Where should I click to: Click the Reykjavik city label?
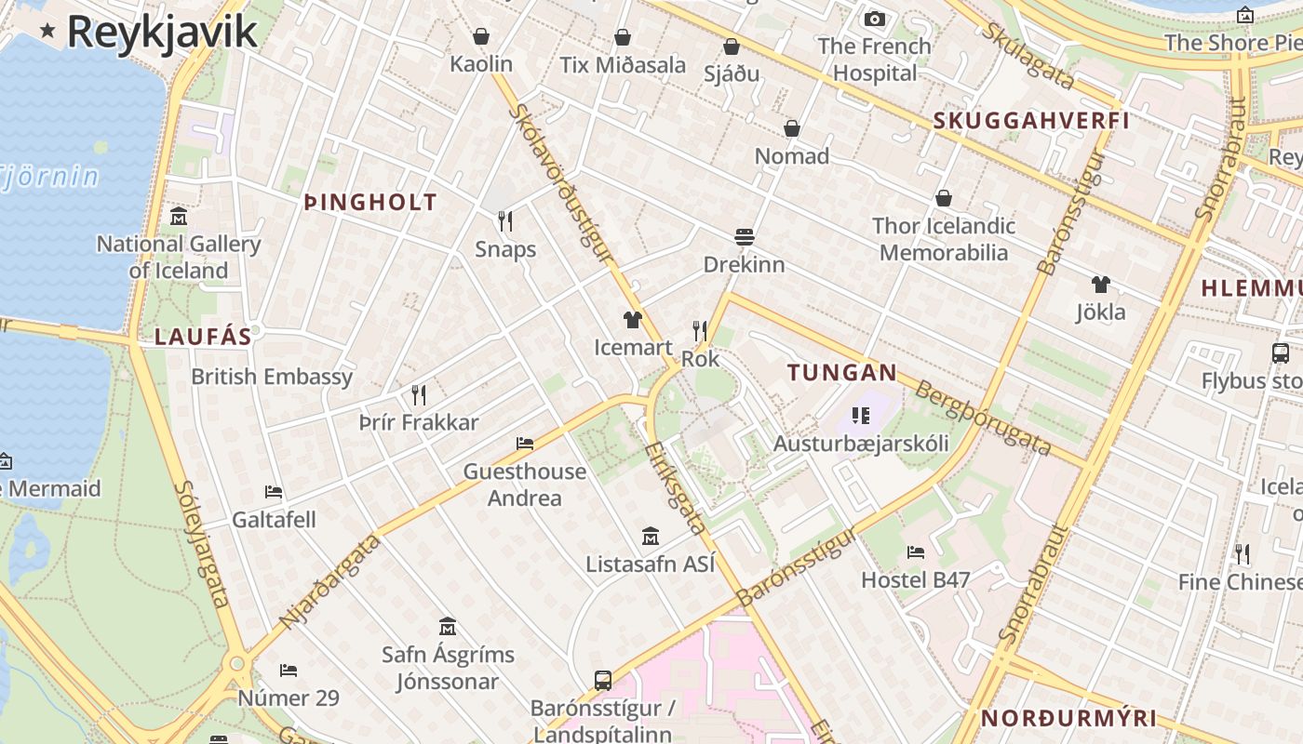click(161, 32)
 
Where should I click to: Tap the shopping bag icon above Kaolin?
click(481, 36)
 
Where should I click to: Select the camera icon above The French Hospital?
click(874, 19)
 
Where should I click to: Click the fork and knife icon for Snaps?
click(505, 221)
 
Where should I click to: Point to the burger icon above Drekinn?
click(744, 237)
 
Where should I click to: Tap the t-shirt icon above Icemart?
click(633, 321)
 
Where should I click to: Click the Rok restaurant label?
click(701, 359)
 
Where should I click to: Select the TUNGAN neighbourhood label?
click(842, 374)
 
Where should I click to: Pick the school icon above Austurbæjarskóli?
click(860, 416)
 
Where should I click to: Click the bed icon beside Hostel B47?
click(916, 552)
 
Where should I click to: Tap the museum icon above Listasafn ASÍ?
click(651, 537)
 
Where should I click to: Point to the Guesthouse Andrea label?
click(525, 485)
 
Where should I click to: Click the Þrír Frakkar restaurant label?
click(419, 423)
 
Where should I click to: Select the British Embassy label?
click(272, 377)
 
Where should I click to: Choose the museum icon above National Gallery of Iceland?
click(179, 217)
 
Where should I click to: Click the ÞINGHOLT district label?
click(370, 202)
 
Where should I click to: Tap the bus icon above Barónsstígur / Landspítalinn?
click(603, 680)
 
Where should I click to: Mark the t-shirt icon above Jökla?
click(1101, 285)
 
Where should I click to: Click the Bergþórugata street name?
click(984, 418)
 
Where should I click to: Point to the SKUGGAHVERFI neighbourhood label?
click(1031, 121)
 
